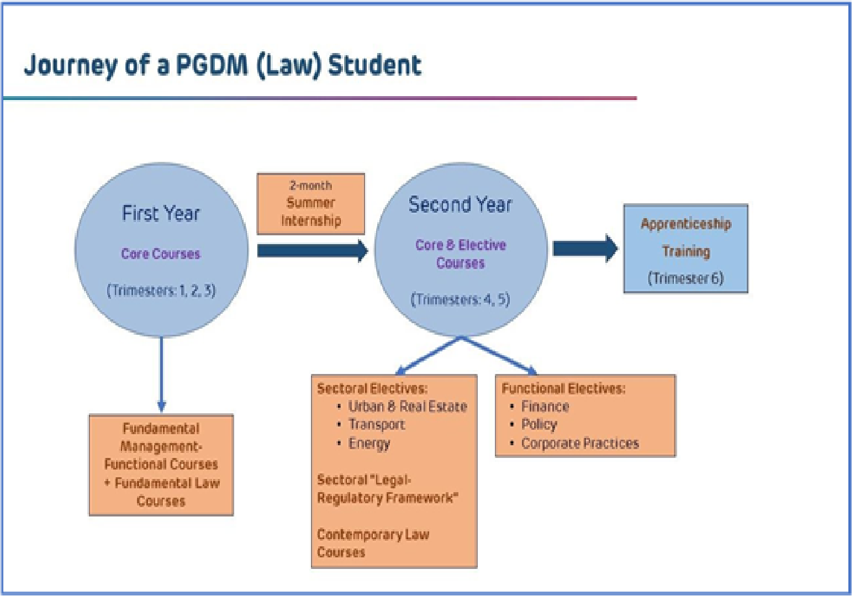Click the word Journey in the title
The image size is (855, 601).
(71, 65)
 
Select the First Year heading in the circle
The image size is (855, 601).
(161, 213)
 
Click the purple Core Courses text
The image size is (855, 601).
(161, 254)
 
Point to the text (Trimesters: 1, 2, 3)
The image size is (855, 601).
(161, 291)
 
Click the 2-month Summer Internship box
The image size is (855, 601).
(311, 203)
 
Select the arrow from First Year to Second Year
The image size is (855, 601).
(313, 251)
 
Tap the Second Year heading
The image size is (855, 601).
(460, 204)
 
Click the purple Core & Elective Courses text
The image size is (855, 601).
(461, 254)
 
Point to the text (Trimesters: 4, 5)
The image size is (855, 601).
(460, 299)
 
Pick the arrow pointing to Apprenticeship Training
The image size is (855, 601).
(585, 249)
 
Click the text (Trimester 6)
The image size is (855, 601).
(685, 278)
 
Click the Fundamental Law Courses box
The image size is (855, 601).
(161, 465)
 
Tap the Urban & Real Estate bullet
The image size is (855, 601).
(402, 407)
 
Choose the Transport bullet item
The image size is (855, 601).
(371, 425)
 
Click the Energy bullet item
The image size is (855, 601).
(363, 444)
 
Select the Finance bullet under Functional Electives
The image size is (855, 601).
(540, 407)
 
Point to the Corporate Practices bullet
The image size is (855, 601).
(574, 444)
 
